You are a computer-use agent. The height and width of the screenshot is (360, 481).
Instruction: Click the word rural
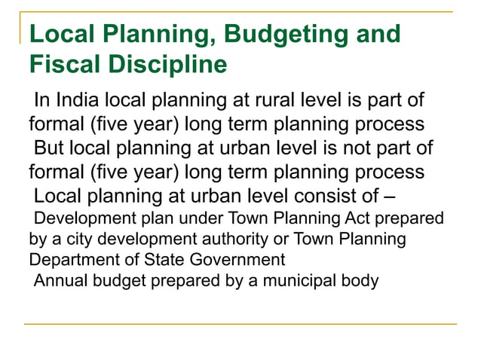[x=277, y=99]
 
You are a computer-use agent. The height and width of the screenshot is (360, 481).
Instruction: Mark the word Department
[x=66, y=261]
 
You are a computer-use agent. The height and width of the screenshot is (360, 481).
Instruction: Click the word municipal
[x=306, y=281]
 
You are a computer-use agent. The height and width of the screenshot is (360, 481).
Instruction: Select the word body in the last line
[x=361, y=281]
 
